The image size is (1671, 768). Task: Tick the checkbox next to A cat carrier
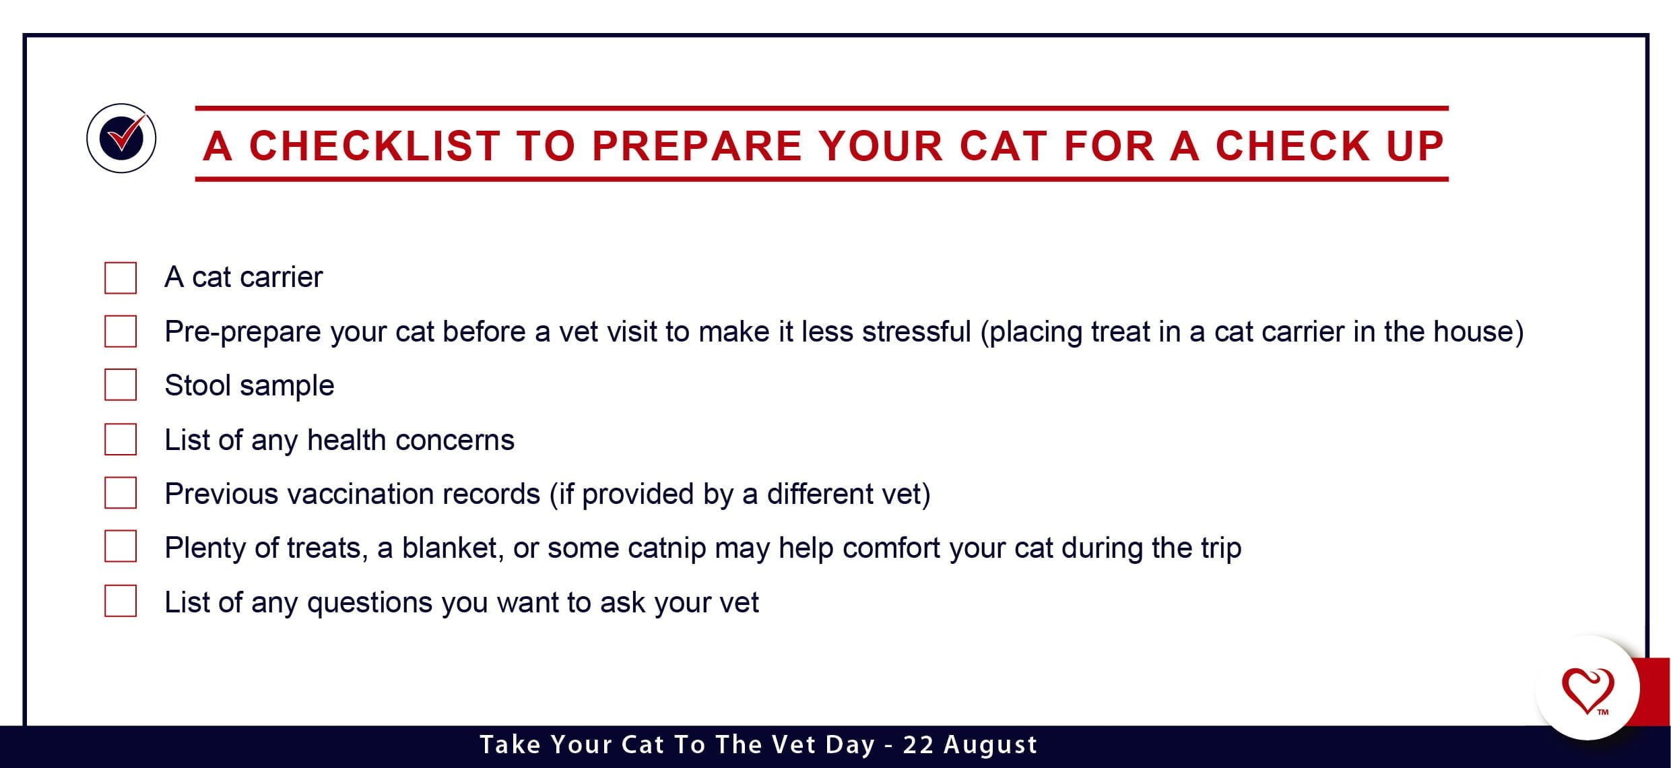point(121,278)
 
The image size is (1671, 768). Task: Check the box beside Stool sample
point(121,385)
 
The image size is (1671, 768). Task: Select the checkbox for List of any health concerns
point(121,439)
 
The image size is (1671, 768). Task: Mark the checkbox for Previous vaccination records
point(121,492)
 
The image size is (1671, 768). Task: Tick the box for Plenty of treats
point(121,546)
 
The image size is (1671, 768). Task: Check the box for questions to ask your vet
point(121,600)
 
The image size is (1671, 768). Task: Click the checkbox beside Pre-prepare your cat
point(121,331)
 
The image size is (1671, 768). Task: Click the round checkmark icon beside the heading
point(121,138)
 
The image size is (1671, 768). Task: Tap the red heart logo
point(1587,691)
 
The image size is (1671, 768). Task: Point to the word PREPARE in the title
point(697,146)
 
